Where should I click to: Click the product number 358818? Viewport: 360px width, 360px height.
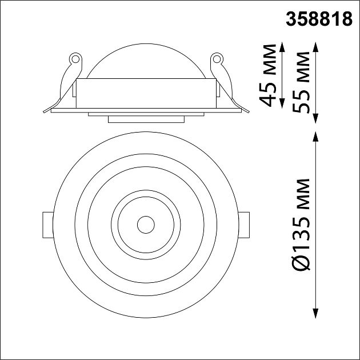point(318,19)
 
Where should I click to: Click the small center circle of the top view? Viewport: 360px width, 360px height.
point(146,223)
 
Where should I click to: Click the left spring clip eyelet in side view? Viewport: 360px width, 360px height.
point(73,58)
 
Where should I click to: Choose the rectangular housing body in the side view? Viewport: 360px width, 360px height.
point(146,93)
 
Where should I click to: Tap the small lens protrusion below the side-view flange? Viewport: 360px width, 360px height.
point(146,119)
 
